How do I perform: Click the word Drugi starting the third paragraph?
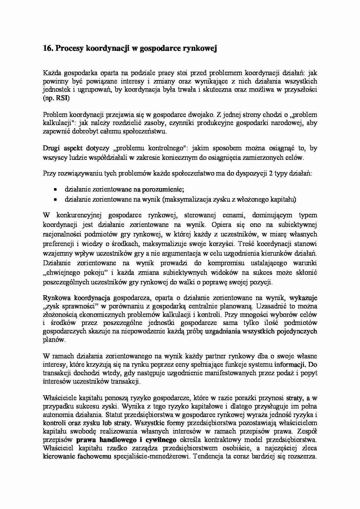click(51, 148)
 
